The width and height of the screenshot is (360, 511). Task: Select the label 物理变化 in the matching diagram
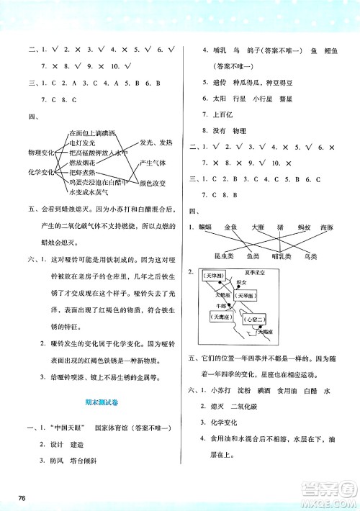click(43, 153)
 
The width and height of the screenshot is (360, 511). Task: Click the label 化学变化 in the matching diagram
click(43, 173)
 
